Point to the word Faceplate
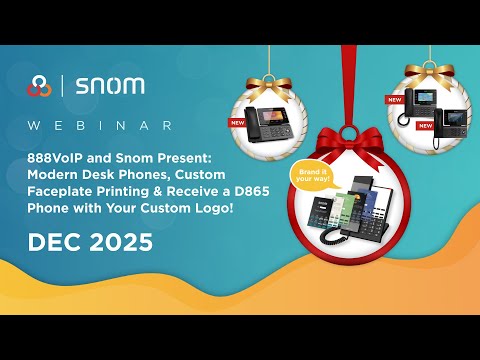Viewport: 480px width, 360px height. (x=60, y=190)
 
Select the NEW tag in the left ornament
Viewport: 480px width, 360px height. (x=237, y=123)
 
